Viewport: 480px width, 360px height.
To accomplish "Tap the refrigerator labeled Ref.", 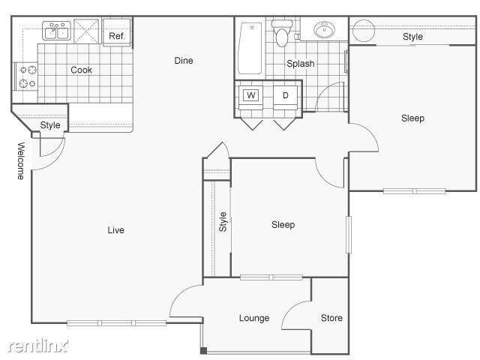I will pyautogui.click(x=117, y=35).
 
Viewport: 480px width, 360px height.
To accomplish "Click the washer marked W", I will pyautogui.click(x=251, y=95).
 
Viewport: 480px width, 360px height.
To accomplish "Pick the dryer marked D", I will pyautogui.click(x=285, y=95).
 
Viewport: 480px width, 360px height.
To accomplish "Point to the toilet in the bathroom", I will pyautogui.click(x=282, y=34).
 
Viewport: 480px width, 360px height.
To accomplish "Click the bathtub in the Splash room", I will pyautogui.click(x=250, y=46).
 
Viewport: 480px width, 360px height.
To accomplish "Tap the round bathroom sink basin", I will pyautogui.click(x=325, y=31).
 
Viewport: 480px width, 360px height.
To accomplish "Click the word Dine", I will pyautogui.click(x=184, y=60).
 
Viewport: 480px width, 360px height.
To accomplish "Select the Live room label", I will pyautogui.click(x=115, y=230).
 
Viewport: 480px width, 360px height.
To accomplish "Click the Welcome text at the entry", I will pyautogui.click(x=20, y=160).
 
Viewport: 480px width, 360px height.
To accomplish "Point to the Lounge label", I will pyautogui.click(x=254, y=318).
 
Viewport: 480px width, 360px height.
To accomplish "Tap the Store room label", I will pyautogui.click(x=331, y=318).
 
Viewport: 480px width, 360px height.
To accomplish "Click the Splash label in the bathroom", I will pyautogui.click(x=300, y=64).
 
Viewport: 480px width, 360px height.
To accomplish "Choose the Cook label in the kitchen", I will pyautogui.click(x=81, y=70).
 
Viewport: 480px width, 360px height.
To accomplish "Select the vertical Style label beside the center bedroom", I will pyautogui.click(x=223, y=221).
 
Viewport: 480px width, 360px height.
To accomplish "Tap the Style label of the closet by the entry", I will pyautogui.click(x=50, y=125).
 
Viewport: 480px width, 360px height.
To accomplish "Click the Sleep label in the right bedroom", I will pyautogui.click(x=412, y=118).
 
